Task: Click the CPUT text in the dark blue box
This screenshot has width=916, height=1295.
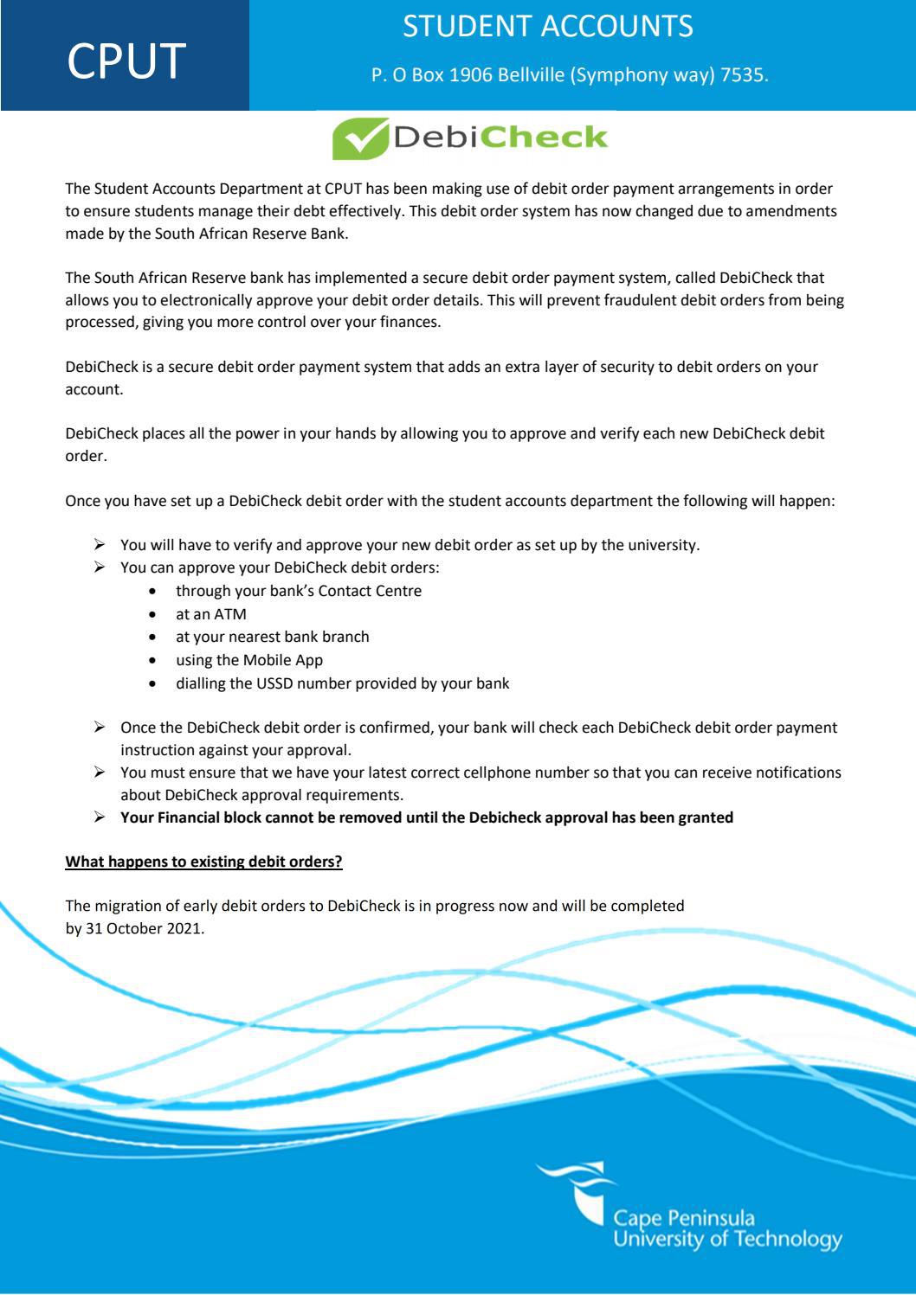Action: click(x=126, y=61)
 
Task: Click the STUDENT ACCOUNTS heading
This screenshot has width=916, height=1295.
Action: click(x=547, y=27)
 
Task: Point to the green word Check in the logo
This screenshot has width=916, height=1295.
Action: click(x=544, y=138)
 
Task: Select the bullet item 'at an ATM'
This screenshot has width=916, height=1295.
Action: click(x=210, y=614)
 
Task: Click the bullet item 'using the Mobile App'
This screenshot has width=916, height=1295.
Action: click(x=248, y=660)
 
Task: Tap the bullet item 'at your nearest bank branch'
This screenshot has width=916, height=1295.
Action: click(x=272, y=637)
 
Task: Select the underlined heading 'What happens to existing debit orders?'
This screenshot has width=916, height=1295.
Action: click(x=204, y=862)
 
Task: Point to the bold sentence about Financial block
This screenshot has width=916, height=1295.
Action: click(x=426, y=817)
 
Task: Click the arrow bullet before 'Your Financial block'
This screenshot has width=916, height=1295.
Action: click(x=100, y=817)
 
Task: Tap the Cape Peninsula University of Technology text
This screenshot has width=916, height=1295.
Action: click(x=726, y=1229)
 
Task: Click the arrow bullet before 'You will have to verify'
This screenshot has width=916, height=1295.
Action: click(x=100, y=545)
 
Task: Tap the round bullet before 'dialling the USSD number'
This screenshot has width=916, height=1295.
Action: click(x=153, y=684)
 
